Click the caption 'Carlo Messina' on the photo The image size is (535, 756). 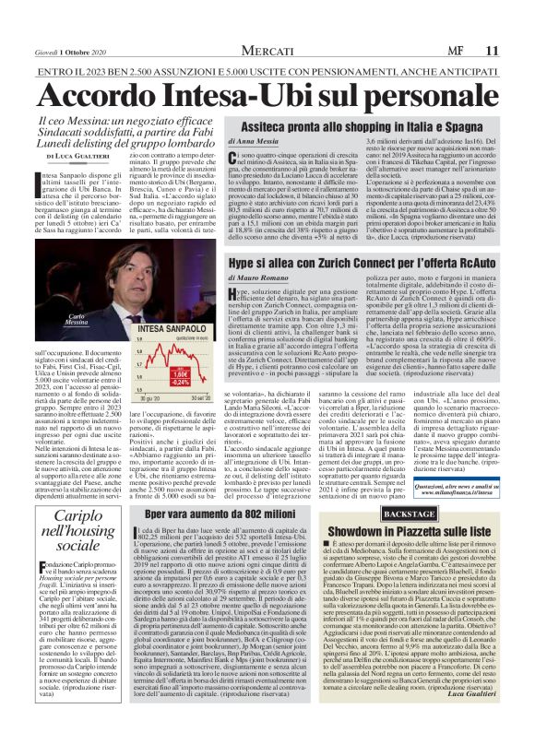58,293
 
